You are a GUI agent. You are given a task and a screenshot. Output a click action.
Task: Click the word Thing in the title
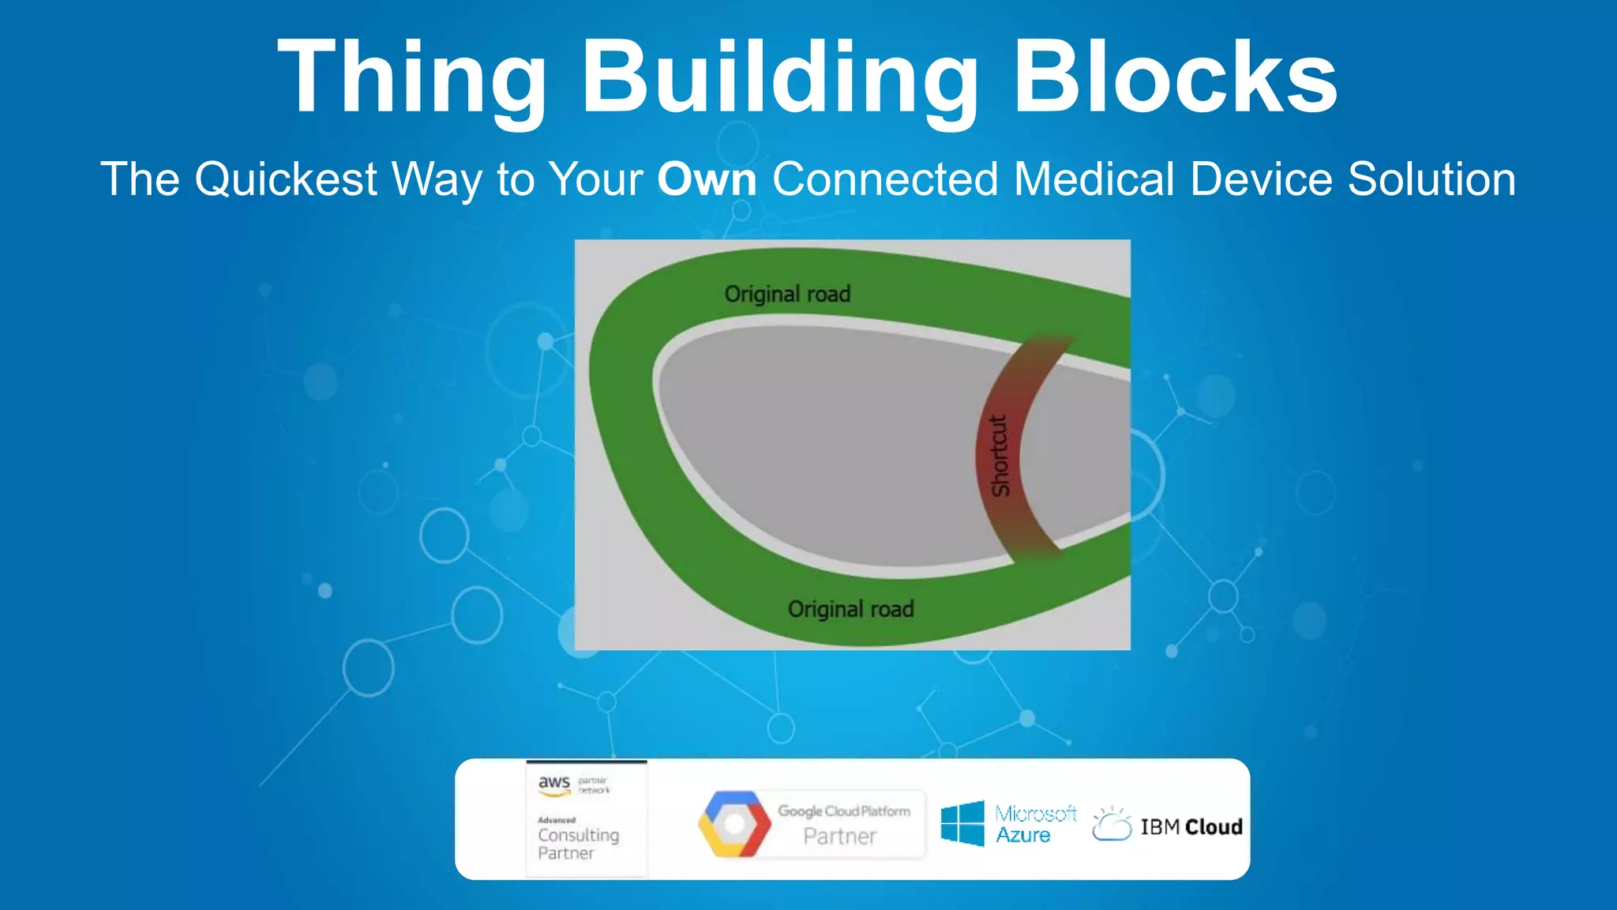pos(411,79)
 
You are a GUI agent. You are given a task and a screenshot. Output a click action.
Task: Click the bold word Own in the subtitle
pos(707,179)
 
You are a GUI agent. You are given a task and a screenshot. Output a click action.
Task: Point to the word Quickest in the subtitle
pos(286,179)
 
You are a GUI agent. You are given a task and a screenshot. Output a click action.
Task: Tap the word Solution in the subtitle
pos(1431,179)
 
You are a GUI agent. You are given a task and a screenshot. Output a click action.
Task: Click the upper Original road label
pos(787,294)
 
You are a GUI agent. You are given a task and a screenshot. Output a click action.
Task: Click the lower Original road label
pos(850,609)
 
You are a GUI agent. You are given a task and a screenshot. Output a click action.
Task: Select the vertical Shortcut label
pos(1000,456)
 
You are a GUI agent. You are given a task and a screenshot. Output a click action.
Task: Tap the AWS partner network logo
pos(573,785)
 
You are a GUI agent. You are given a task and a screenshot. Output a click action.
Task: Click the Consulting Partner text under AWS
pos(578,844)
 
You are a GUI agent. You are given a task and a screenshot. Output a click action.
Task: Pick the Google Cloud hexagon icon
pos(734,824)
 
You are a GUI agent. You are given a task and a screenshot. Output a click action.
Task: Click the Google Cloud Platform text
pos(844,811)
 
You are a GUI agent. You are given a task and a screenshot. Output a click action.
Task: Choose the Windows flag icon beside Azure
pos(962,823)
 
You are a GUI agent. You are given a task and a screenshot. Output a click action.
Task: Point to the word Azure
pos(1022,836)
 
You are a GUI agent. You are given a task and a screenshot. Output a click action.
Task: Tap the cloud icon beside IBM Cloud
pos(1112,825)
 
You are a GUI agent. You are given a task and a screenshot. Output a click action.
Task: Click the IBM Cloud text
pos(1191,827)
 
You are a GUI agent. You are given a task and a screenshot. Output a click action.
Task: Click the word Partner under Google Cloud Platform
pos(840,837)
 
